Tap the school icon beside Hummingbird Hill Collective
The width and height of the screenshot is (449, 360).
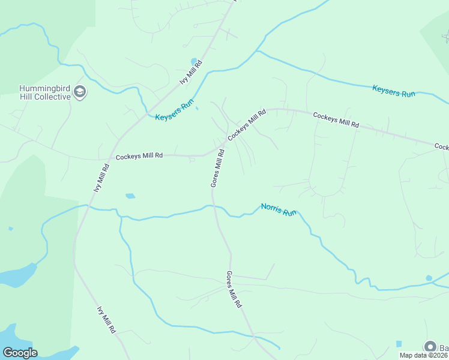(80, 92)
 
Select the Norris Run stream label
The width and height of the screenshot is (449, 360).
(279, 210)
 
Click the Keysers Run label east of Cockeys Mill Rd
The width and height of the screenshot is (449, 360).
(394, 91)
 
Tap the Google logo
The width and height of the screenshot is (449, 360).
(20, 353)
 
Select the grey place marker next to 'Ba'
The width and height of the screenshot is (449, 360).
(430, 346)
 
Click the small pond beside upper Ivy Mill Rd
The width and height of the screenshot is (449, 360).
(194, 61)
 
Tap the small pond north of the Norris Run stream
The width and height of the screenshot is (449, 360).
(130, 196)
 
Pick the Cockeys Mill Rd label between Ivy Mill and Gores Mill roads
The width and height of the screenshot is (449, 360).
(139, 155)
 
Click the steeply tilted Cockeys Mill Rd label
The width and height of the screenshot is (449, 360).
(246, 125)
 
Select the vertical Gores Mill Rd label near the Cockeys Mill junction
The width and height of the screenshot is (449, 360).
(218, 169)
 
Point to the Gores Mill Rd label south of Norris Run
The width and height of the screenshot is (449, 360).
(234, 289)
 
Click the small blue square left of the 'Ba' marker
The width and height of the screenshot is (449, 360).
(399, 344)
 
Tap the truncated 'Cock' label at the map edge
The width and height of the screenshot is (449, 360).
(441, 146)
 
